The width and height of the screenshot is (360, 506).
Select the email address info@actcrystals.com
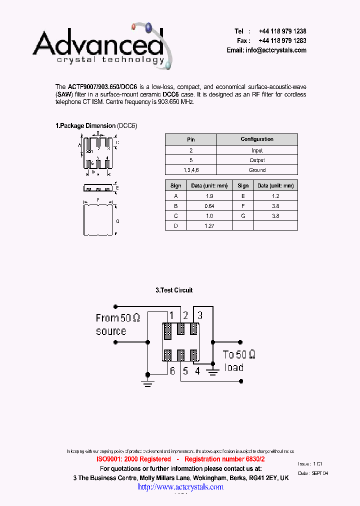pos(266,50)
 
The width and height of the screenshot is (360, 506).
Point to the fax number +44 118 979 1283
pos(282,40)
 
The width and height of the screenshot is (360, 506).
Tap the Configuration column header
pos(257,139)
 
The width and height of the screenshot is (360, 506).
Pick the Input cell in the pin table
pos(257,150)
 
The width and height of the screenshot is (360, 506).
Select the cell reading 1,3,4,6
pos(191,170)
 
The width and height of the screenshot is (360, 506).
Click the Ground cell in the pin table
pos(257,170)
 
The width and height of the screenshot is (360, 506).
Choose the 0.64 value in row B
pos(209,206)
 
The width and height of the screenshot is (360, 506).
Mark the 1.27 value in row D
pos(209,226)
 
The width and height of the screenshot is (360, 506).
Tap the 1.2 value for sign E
pos(275,196)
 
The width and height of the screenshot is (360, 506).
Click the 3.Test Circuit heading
pos(174,290)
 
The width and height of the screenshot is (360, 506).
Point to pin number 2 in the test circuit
pos(185,315)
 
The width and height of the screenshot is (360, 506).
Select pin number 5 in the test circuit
pos(185,371)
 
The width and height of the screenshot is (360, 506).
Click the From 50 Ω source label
pos(117,324)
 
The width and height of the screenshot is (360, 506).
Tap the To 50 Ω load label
pos(239,361)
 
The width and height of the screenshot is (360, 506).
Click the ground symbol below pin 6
pos(147,383)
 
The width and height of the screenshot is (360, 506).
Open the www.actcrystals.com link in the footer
pos(180,486)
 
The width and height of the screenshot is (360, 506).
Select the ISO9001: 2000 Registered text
pos(133,459)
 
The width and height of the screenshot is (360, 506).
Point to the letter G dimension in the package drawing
pos(117,220)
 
